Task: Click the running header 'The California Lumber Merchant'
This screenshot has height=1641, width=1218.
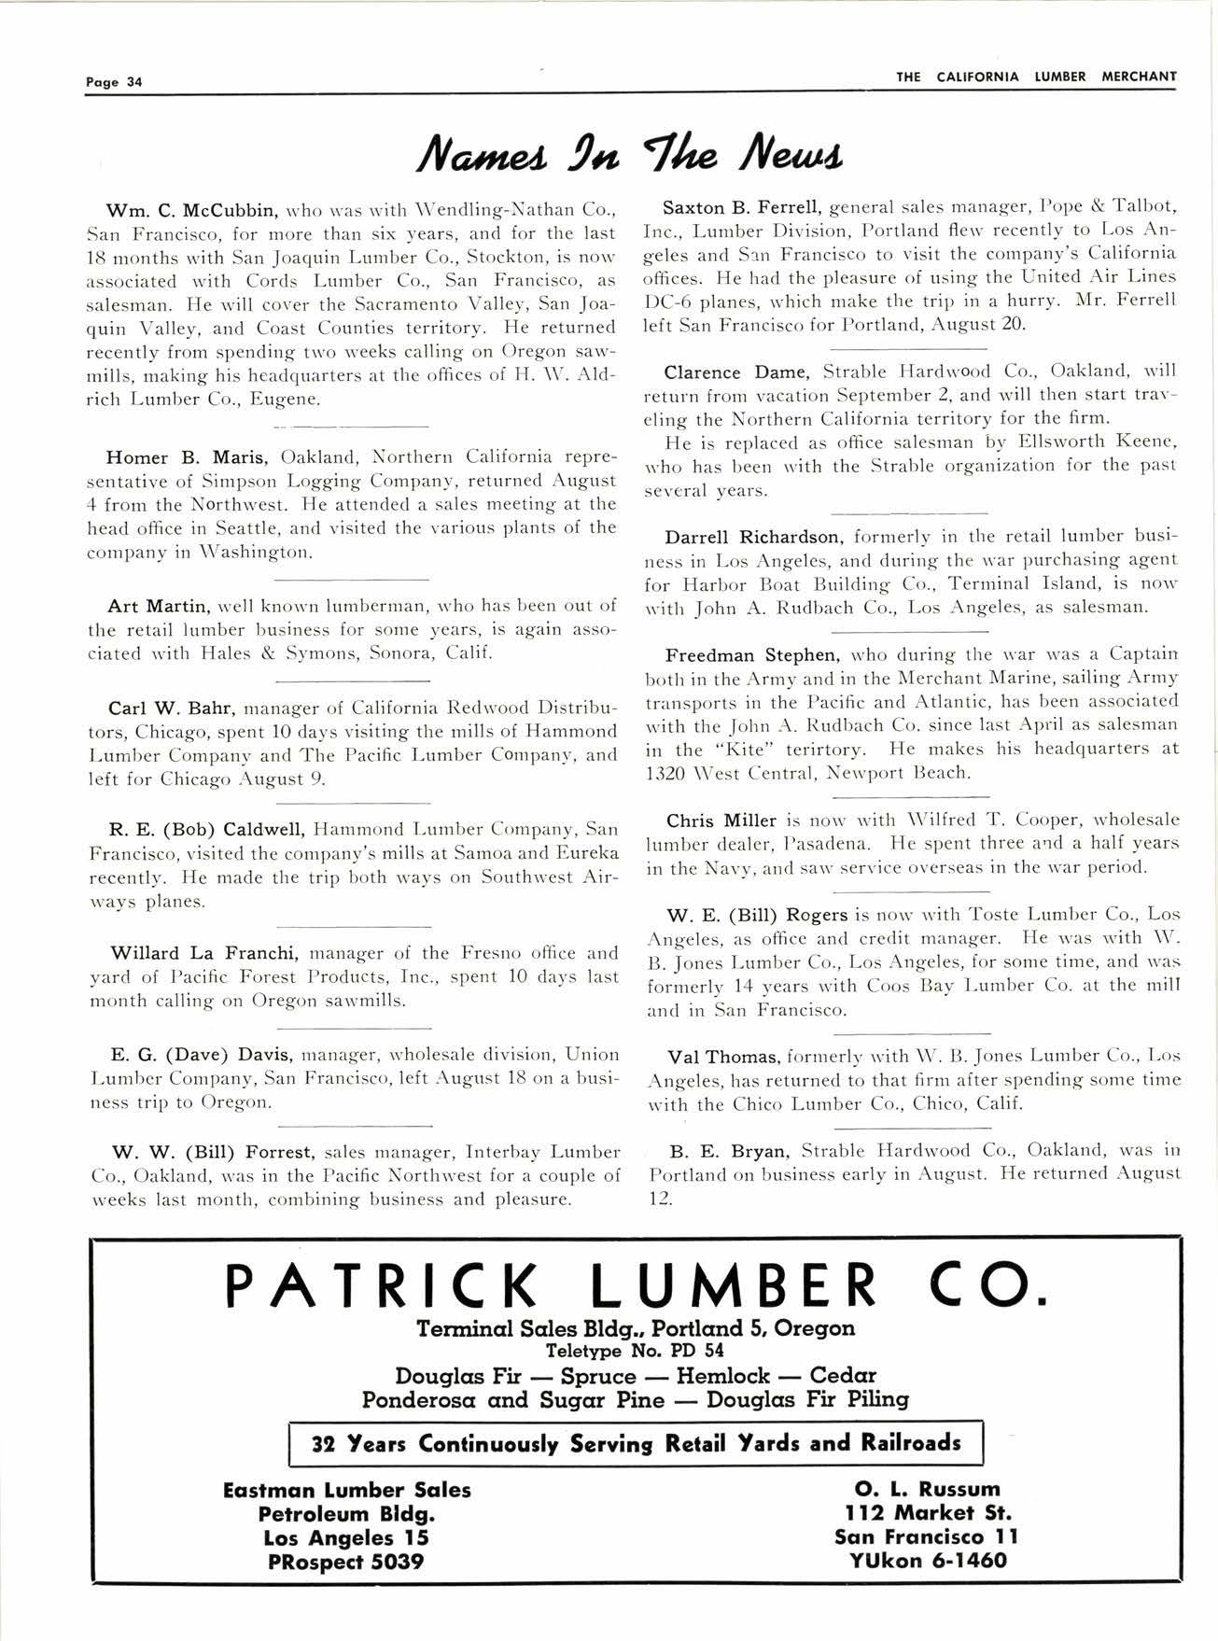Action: [1036, 77]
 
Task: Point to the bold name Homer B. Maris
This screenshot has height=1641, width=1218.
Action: [189, 457]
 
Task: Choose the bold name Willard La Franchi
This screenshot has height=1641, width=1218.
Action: [204, 954]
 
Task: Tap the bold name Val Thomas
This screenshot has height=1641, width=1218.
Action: [723, 1057]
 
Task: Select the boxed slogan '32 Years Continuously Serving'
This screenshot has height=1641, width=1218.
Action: [636, 1443]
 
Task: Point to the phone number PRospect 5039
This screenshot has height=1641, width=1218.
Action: [345, 1561]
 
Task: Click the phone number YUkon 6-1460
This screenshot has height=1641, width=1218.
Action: [928, 1560]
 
